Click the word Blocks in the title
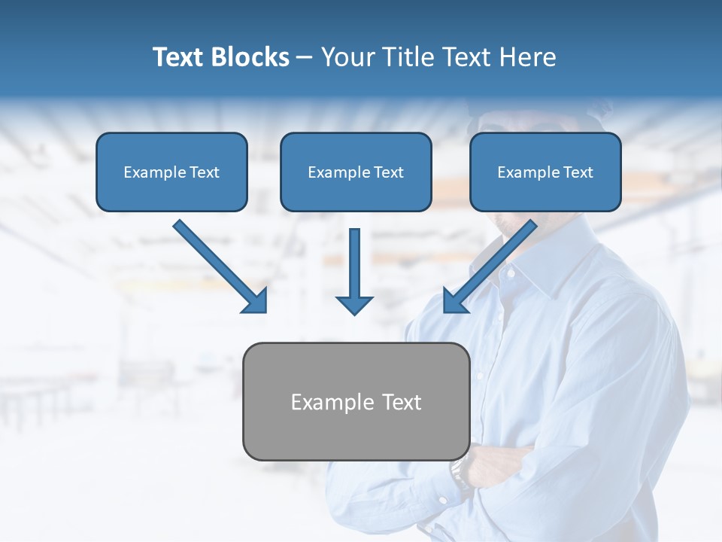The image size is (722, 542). point(250,57)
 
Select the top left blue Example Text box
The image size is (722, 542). point(171,172)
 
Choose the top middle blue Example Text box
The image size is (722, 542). point(356,172)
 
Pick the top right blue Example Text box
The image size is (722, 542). point(545,172)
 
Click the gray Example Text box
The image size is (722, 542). point(356,401)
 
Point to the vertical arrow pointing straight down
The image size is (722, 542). point(354,271)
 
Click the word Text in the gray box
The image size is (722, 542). point(402,402)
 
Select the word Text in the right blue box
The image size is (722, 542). point(578,172)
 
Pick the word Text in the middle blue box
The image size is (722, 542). point(389,172)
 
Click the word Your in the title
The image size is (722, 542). point(348,57)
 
